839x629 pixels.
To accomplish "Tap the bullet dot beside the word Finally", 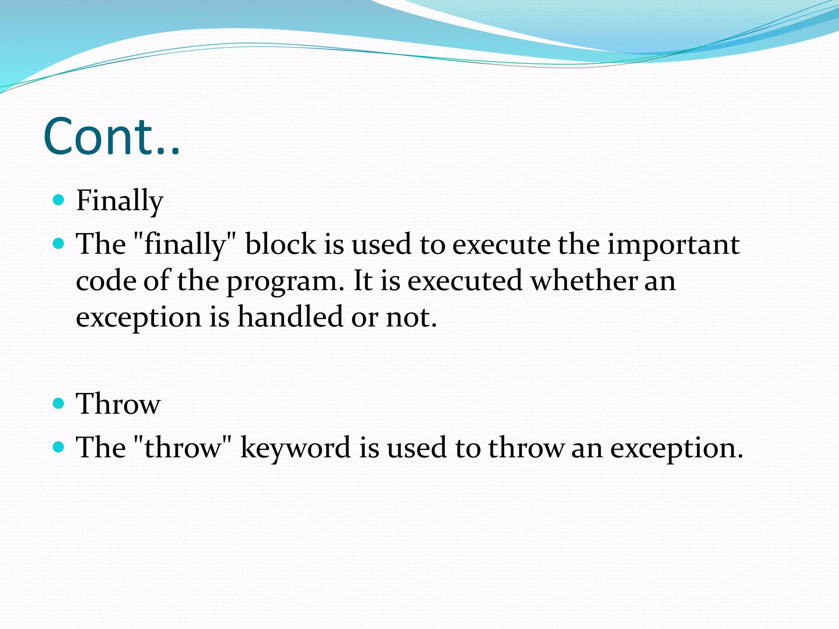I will tap(59, 200).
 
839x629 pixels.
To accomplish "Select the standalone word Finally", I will tap(120, 201).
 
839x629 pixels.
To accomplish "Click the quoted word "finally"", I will tap(185, 244).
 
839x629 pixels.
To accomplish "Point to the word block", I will tap(281, 244).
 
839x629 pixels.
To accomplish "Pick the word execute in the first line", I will tap(501, 244).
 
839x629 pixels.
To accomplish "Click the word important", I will tap(673, 244).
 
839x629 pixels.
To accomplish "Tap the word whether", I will tap(584, 281).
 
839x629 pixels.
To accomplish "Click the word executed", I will tap(465, 281).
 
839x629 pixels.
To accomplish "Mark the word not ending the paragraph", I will tap(411, 317).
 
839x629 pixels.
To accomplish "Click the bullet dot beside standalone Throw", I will tap(59, 404).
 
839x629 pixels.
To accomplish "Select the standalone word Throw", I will tap(118, 404).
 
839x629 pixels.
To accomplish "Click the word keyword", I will tap(295, 448).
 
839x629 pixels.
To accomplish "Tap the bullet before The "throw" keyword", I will tap(59, 447).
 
